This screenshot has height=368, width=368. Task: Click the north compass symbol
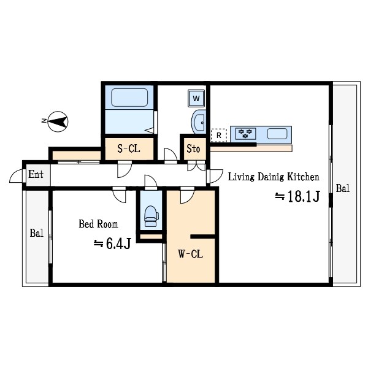point(58,121)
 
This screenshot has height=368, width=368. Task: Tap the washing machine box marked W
point(196,98)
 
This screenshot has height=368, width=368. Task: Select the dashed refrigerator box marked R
point(219,136)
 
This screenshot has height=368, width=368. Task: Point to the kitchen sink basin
point(277,134)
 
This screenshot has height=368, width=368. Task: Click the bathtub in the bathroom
point(129,97)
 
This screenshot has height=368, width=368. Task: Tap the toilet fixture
point(151,216)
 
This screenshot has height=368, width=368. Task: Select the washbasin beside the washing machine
point(199,122)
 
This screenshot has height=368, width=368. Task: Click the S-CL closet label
point(129,148)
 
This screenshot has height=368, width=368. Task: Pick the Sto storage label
point(193,148)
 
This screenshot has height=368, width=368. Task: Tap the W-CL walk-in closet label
point(190,254)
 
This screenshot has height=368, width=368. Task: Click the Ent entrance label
point(36,174)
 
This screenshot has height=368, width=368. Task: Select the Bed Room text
point(98,224)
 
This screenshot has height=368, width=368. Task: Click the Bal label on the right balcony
point(343,188)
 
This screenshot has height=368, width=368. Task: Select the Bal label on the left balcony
point(37,233)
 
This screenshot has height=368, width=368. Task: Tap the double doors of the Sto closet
point(196,166)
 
